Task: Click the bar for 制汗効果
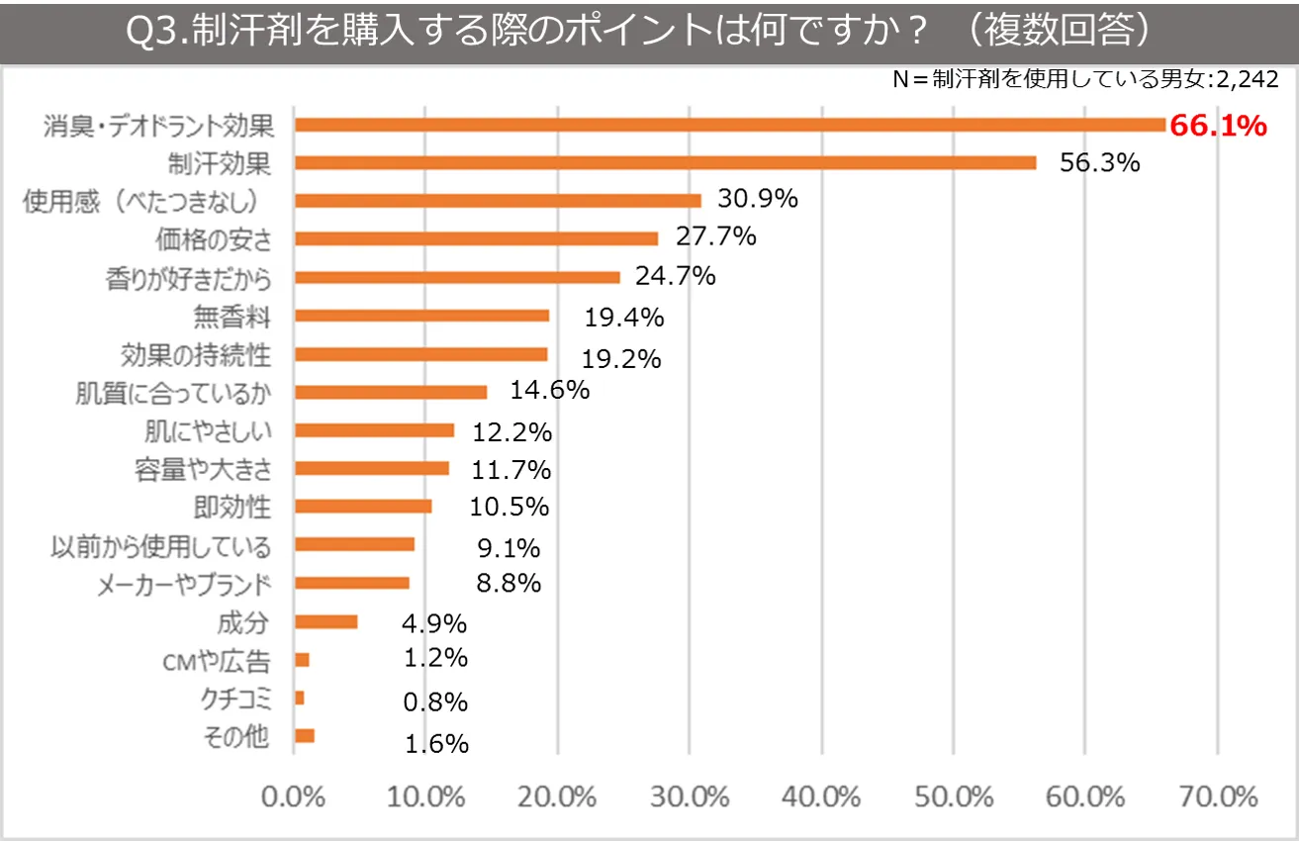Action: tap(665, 163)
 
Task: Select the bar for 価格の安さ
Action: tap(476, 238)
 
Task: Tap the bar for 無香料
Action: tap(421, 316)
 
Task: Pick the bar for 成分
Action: tap(325, 622)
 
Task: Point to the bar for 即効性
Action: tap(363, 507)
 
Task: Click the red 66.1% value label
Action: tap(1219, 126)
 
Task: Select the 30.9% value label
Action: tap(758, 199)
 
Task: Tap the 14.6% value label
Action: tap(550, 390)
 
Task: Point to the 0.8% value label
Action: tap(435, 702)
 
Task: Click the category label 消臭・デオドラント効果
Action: tap(157, 126)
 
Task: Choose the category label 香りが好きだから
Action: tap(188, 278)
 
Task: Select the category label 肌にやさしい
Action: tap(207, 431)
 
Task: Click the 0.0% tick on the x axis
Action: tap(294, 796)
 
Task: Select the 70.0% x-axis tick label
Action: tap(1217, 796)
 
